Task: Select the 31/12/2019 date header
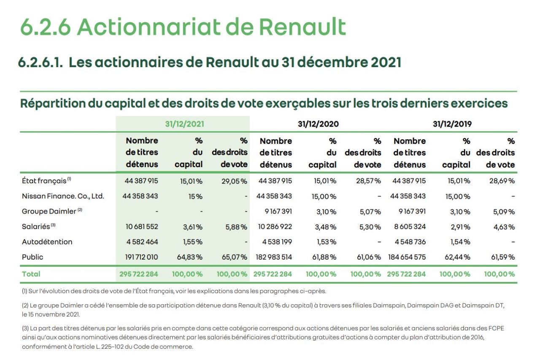(452, 124)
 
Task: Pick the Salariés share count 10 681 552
(141, 227)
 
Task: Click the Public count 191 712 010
(141, 257)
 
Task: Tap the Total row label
(31, 274)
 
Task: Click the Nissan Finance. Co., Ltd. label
(63, 196)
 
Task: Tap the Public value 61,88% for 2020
(326, 257)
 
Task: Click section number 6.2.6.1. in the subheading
(40, 62)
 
